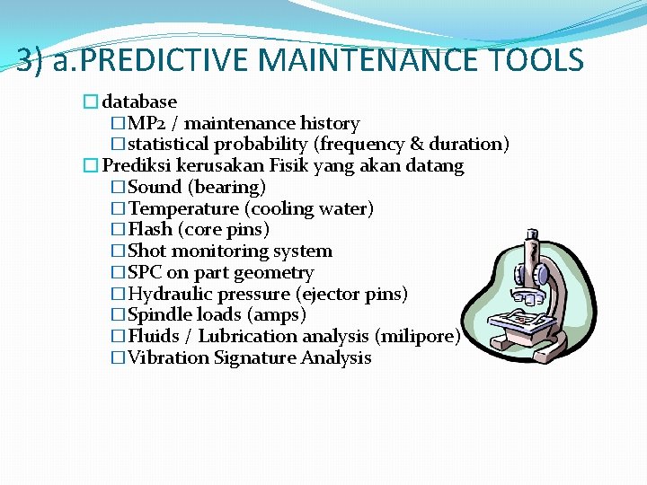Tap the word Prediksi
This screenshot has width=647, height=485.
(x=137, y=165)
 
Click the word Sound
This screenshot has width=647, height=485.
(x=155, y=187)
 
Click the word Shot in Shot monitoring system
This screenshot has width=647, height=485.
(x=147, y=251)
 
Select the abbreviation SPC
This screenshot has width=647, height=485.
(x=146, y=272)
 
